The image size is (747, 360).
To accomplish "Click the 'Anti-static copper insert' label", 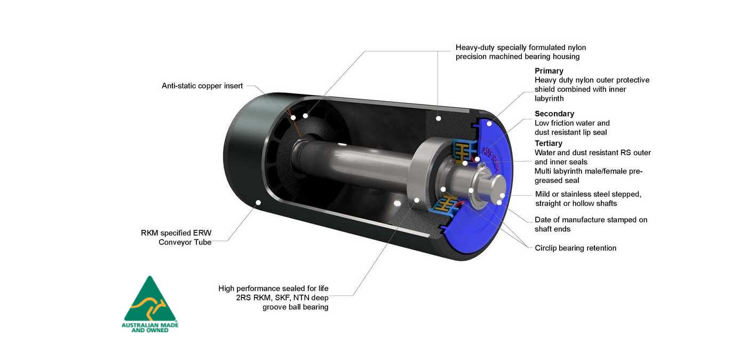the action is coord(202,86).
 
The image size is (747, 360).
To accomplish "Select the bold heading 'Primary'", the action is coord(549,71).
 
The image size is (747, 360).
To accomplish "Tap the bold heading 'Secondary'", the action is coord(554,114).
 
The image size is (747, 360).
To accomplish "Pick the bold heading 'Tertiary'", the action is coord(549,143).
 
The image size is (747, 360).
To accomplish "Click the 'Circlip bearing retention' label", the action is coord(576,248).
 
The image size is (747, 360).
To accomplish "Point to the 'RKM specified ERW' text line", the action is coord(176,233).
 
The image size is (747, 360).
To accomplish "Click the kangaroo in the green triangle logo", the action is coord(150,307).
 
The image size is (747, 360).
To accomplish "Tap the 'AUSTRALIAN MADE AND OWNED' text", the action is coord(150,327).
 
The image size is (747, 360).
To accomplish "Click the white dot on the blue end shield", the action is coord(489,124).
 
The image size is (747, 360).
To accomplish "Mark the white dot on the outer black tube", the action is coord(258,202).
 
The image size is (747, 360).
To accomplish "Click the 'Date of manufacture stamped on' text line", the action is coord(591,220).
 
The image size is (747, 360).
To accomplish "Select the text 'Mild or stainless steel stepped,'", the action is coord(588,194).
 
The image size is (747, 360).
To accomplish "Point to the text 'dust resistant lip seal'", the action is coord(570,132).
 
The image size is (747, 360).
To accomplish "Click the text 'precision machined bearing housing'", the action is coord(518,57).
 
